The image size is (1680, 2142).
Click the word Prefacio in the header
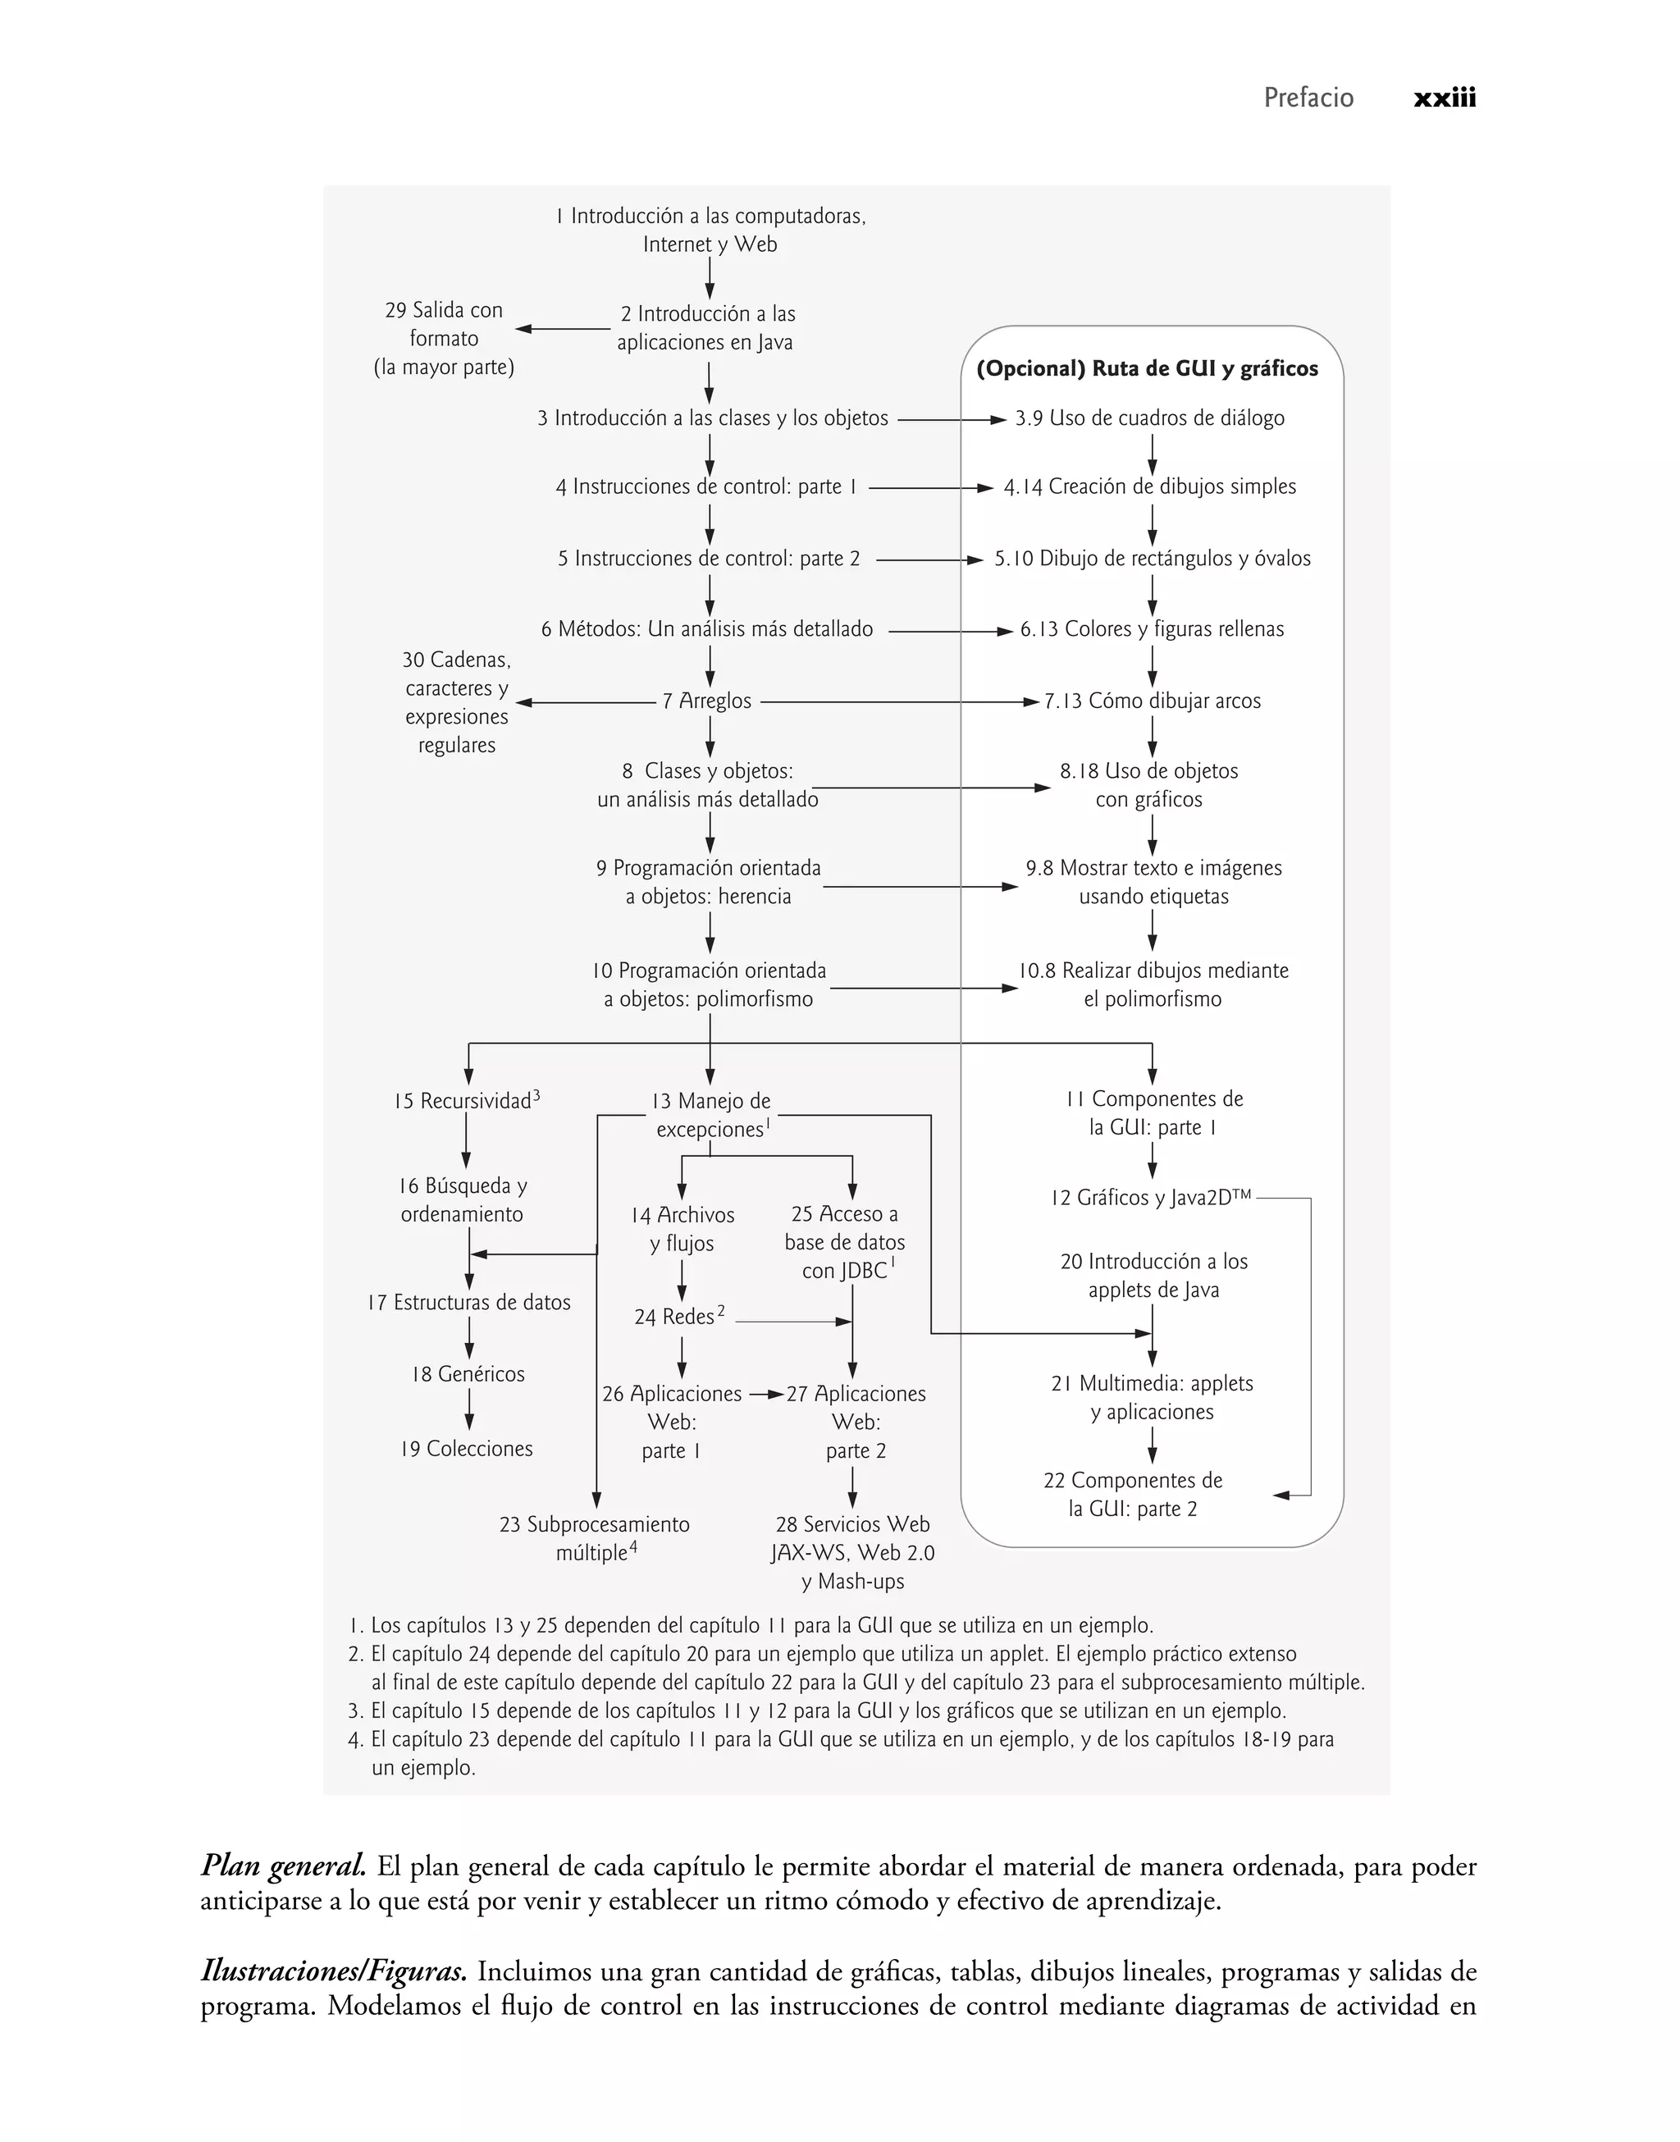1308,98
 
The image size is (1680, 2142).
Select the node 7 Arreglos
706,701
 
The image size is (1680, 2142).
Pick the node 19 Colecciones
466,1449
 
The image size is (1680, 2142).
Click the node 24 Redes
675,1317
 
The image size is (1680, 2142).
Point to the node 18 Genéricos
468,1374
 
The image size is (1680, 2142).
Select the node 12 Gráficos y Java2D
1150,1198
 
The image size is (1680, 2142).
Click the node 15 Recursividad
463,1102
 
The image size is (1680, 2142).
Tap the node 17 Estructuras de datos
468,1302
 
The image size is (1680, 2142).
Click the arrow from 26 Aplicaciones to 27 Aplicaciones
766,1395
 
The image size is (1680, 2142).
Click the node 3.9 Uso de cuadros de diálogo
1150,418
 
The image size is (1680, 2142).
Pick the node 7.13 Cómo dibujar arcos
1152,701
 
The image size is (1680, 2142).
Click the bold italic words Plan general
283,1866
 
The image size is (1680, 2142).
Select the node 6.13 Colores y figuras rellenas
1152,629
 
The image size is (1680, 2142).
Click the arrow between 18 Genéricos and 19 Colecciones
469,1411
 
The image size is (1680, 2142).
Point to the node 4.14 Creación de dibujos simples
1150,486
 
